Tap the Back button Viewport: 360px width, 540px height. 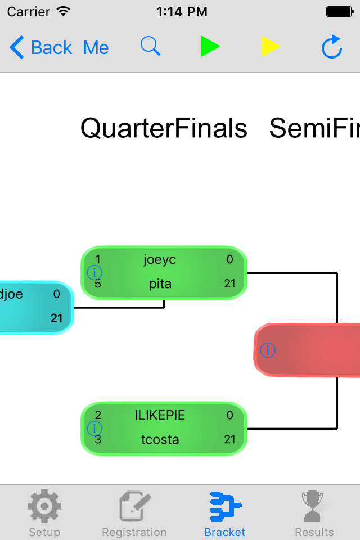[x=40, y=48]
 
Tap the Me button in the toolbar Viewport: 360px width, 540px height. [x=96, y=48]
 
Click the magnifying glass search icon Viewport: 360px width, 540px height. [x=150, y=46]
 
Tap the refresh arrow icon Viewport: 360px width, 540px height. [x=332, y=47]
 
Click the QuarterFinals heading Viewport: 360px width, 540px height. [x=164, y=128]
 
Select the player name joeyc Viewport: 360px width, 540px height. [x=160, y=259]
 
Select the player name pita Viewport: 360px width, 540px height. [x=160, y=284]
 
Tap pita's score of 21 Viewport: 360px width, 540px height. [x=229, y=284]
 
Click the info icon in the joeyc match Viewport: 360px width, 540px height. [x=94, y=273]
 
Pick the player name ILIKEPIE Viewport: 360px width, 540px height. [x=160, y=415]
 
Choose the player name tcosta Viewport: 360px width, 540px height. [x=160, y=439]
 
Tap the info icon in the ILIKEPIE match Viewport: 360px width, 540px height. [x=94, y=429]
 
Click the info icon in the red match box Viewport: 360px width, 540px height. [x=268, y=350]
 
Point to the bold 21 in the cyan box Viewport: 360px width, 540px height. [x=57, y=318]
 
